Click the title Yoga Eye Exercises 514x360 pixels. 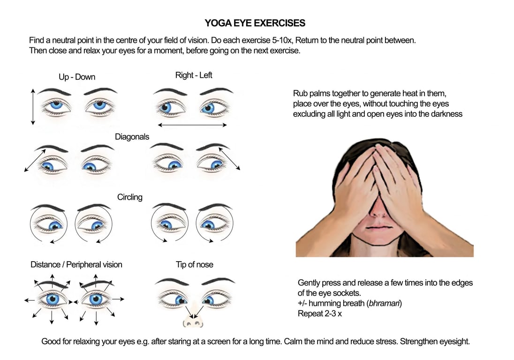[255, 23]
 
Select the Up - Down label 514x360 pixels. [77, 77]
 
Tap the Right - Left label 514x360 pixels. [194, 75]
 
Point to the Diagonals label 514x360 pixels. [132, 137]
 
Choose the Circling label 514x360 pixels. [130, 197]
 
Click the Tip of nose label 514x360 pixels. [194, 264]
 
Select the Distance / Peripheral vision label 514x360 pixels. [76, 264]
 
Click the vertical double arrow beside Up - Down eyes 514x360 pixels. [33, 106]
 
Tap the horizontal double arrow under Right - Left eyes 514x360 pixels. [192, 125]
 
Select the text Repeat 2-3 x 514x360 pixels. [320, 314]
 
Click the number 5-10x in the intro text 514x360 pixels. [282, 40]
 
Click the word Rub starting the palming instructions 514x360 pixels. [300, 93]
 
